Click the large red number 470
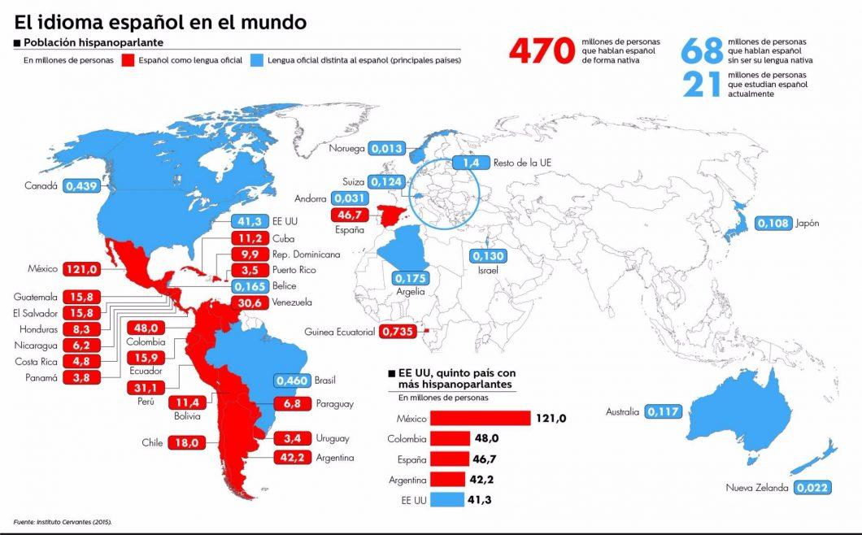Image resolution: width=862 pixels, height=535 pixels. point(542,51)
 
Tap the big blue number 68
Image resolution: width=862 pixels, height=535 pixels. point(702,50)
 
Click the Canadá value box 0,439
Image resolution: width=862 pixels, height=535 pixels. point(81,185)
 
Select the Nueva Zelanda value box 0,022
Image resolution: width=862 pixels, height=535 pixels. point(812,488)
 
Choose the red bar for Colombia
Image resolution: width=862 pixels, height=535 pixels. point(456,439)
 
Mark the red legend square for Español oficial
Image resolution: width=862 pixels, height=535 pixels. point(128,59)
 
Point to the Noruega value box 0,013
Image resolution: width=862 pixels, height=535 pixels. point(387,148)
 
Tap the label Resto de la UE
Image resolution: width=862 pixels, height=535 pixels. point(522,163)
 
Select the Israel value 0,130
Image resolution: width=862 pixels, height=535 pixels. point(488,255)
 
